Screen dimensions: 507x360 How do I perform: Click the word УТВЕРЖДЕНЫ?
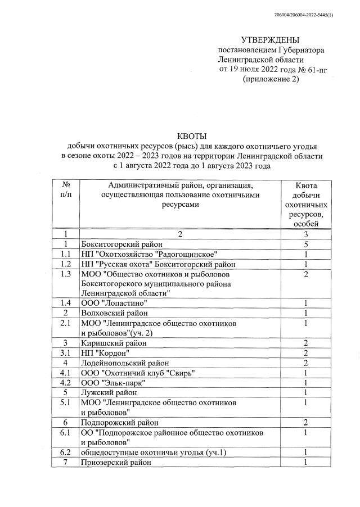point(271,40)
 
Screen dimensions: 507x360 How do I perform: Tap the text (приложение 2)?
point(270,79)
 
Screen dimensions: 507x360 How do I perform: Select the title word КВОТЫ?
point(192,136)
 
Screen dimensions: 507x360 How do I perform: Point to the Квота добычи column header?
point(305,205)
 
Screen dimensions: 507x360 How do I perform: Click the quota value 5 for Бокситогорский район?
point(305,245)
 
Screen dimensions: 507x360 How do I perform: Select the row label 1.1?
point(66,254)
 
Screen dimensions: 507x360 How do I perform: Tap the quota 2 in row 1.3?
point(305,274)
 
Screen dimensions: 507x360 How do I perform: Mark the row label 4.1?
point(66,373)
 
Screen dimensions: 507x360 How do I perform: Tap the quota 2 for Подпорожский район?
point(305,422)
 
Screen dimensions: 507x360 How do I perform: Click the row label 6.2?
point(66,452)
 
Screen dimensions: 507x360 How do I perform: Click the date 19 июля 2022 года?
point(259,70)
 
